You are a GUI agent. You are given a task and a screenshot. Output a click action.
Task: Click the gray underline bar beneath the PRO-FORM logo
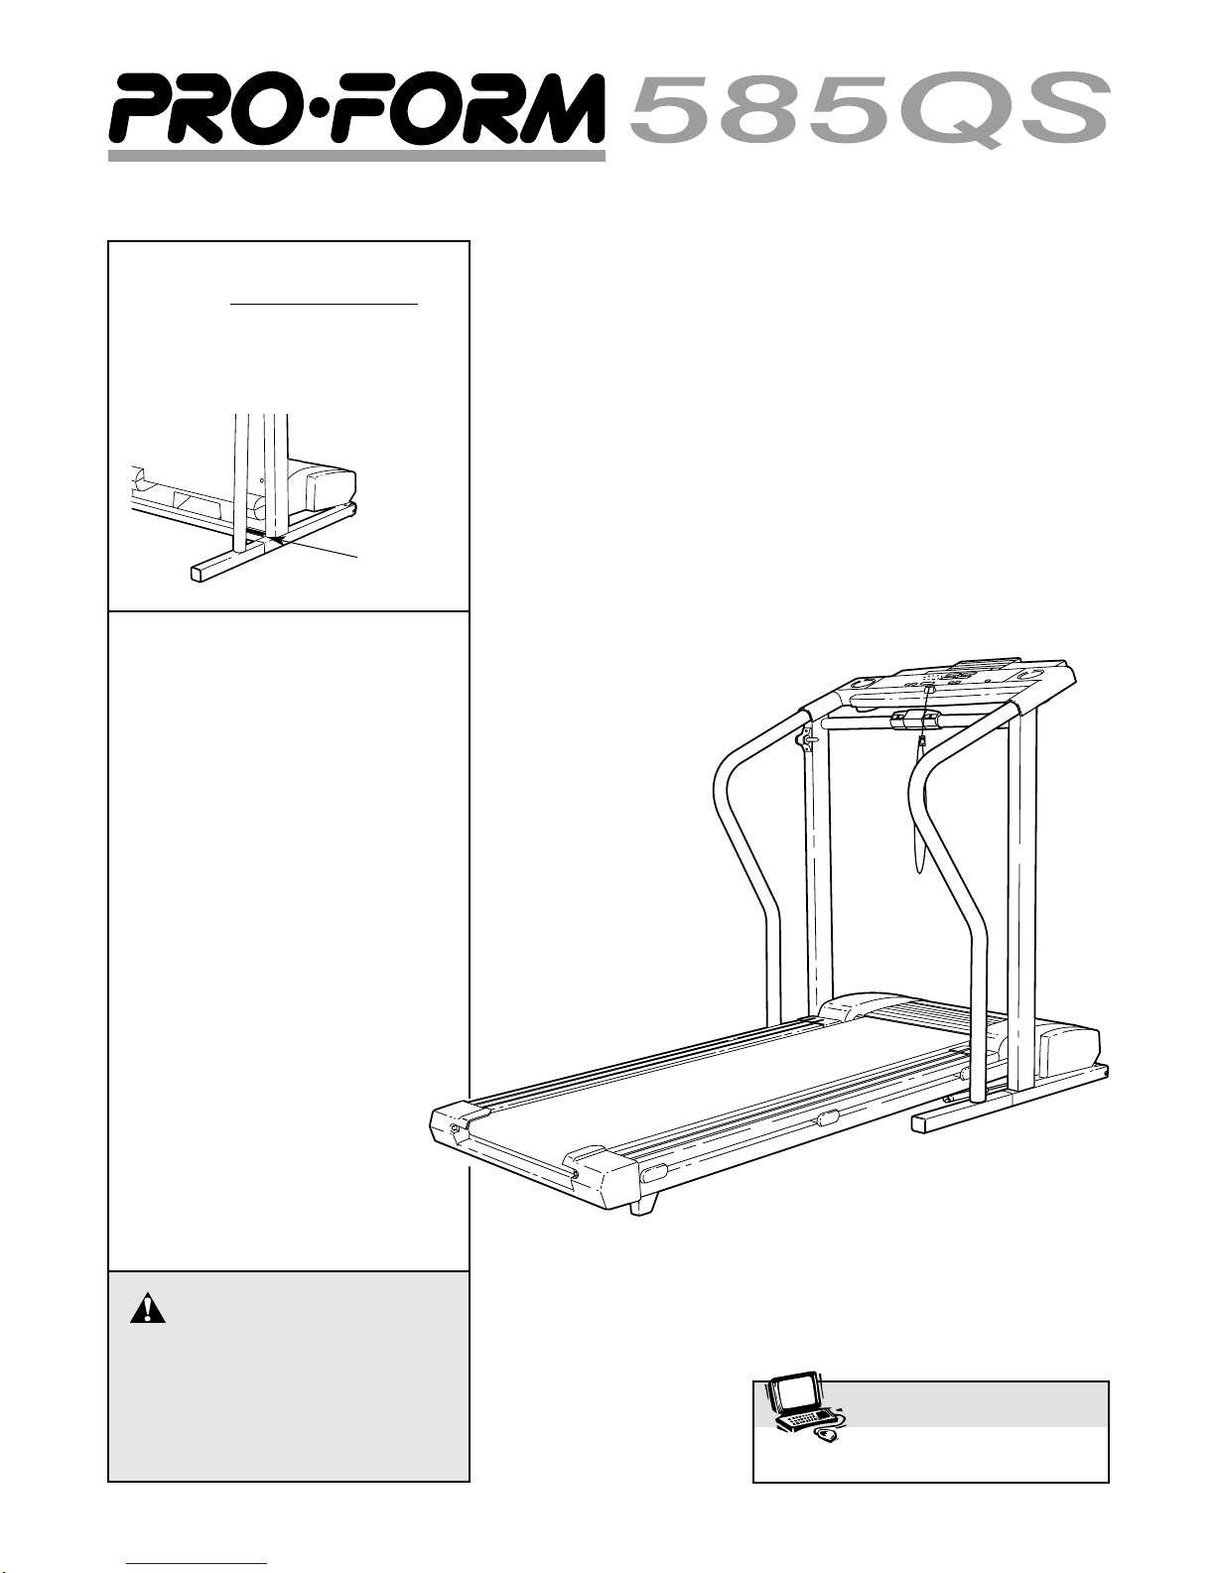(x=356, y=156)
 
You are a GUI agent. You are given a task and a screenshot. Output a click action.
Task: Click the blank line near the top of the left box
(x=325, y=305)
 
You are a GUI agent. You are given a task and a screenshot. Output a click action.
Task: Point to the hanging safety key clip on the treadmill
(x=923, y=742)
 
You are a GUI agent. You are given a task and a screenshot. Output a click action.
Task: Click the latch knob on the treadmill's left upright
(x=805, y=739)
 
